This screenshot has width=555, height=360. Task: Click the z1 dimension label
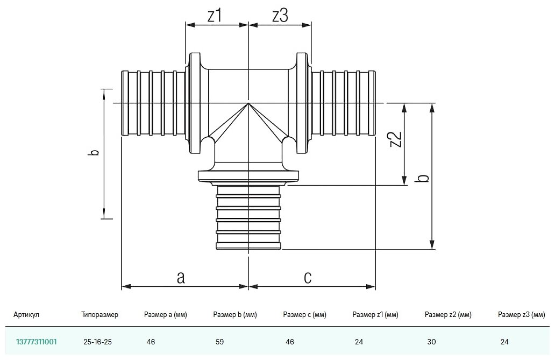[215, 17]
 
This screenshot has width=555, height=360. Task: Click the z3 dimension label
[280, 17]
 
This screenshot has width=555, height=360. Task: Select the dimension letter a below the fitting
[181, 277]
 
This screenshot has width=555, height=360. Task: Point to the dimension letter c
[308, 277]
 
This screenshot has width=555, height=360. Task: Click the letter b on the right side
[424, 178]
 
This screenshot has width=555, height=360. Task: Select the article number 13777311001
[37, 341]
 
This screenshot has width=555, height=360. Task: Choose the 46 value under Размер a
[151, 341]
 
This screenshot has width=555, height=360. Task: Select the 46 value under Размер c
[289, 341]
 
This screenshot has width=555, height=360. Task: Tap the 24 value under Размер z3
[504, 341]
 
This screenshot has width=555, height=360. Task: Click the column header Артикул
[26, 315]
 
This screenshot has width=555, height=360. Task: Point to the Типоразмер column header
[99, 315]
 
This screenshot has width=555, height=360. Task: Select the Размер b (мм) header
[235, 315]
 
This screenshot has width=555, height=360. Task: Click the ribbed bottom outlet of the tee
[248, 218]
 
